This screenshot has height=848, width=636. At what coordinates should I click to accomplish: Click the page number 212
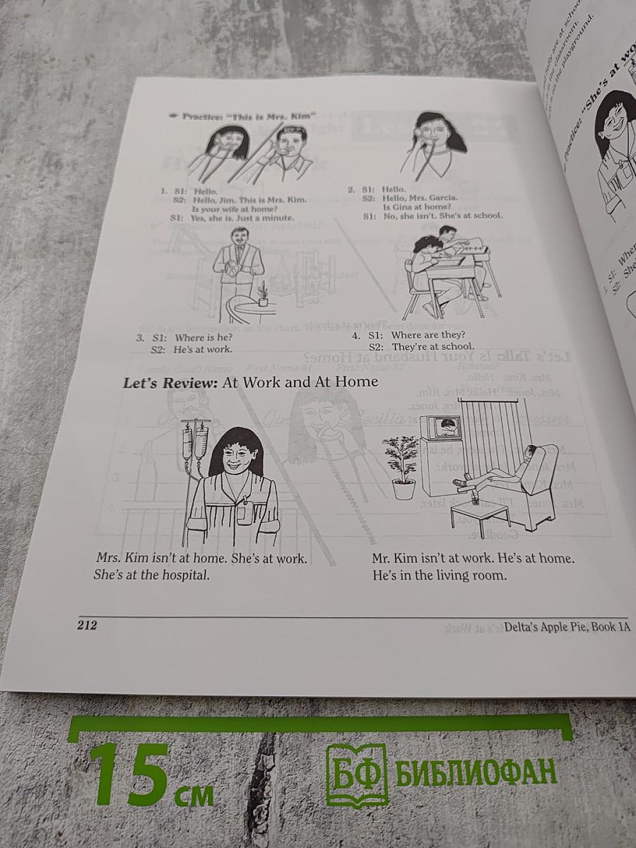[x=86, y=625]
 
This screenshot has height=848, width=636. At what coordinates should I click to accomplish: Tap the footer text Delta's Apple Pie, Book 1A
[x=566, y=627]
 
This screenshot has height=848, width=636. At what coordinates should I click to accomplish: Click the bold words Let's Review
[x=170, y=383]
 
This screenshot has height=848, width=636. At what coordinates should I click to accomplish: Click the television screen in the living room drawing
[x=445, y=428]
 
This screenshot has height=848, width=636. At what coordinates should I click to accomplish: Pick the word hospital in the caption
[x=185, y=575]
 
